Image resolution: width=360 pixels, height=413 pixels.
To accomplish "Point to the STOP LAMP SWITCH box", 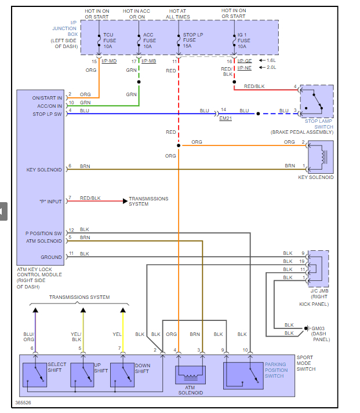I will click(317, 101).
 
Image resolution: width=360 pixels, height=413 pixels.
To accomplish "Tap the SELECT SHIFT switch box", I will click(35, 375).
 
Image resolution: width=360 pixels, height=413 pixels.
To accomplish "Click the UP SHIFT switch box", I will click(82, 375).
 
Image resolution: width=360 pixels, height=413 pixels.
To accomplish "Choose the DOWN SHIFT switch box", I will click(122, 375).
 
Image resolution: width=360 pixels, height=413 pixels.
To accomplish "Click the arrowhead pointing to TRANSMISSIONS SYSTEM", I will click(124, 202).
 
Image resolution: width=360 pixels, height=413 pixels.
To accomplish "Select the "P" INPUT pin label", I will click(50, 202).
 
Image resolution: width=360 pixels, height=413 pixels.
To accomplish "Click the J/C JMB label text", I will click(319, 291).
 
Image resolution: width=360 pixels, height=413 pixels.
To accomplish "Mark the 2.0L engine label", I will click(271, 68).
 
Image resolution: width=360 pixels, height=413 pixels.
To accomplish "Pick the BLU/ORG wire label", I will click(28, 337).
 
